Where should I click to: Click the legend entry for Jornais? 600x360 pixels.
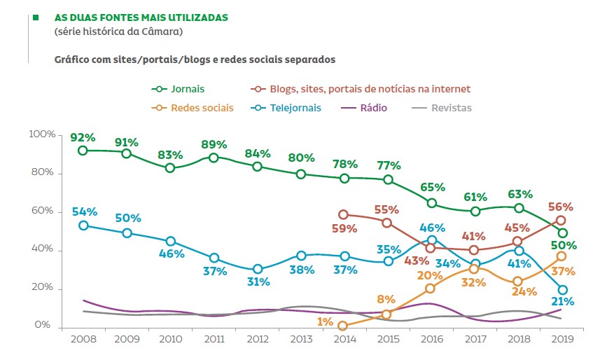pos(179,89)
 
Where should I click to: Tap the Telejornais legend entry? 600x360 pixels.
pos(288,108)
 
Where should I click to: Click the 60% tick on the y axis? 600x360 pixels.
pos(42,212)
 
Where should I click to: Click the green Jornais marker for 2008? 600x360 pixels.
pos(83,151)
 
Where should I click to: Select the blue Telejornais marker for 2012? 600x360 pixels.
pos(257,269)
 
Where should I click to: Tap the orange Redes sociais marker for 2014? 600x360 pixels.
pos(343,326)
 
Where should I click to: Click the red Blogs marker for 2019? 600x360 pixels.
pos(561,220)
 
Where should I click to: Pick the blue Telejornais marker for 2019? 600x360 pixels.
pos(561,290)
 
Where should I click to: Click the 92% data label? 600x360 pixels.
pos(82,137)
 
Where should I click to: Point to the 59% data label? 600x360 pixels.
pos(345,228)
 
